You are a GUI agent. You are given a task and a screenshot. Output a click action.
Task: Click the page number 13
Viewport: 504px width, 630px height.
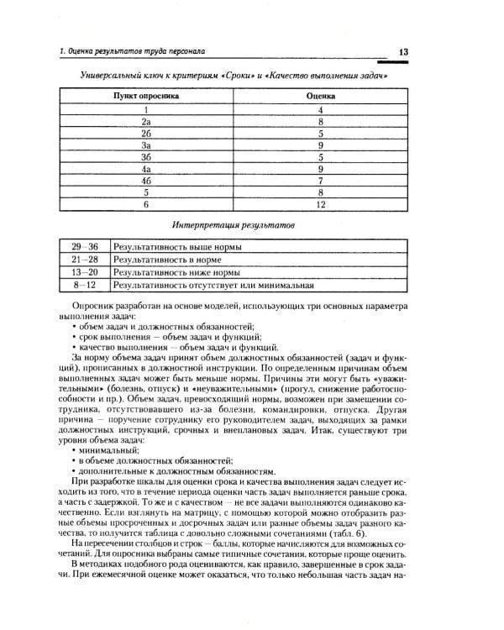403,53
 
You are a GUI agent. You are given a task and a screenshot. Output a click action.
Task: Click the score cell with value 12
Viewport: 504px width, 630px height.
320,203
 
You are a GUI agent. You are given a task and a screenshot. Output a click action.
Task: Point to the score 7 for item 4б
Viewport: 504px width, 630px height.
320,180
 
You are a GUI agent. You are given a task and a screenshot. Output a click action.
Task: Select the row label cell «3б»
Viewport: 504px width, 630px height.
146,156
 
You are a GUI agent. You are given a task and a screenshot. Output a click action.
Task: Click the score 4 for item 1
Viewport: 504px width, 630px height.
320,109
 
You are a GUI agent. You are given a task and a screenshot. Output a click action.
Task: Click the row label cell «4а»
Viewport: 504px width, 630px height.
146,168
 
